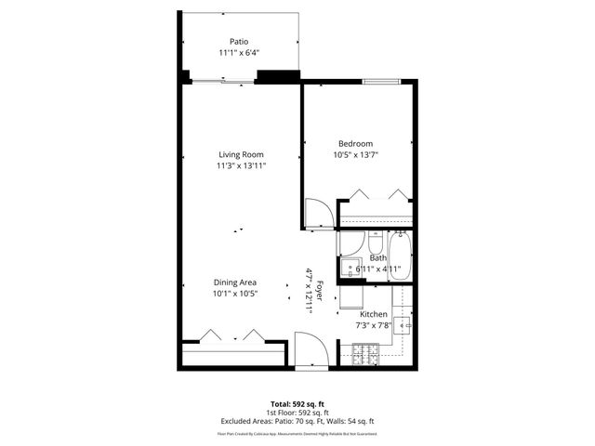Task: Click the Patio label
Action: (240, 41)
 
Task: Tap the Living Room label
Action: (242, 154)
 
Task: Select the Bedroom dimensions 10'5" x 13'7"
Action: (356, 156)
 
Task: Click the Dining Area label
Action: (234, 282)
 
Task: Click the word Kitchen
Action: (374, 314)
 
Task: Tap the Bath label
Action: (377, 257)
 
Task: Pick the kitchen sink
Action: (403, 324)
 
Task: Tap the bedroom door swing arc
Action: (318, 213)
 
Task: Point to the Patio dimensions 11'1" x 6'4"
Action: (239, 54)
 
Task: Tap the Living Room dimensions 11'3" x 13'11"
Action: (242, 166)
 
